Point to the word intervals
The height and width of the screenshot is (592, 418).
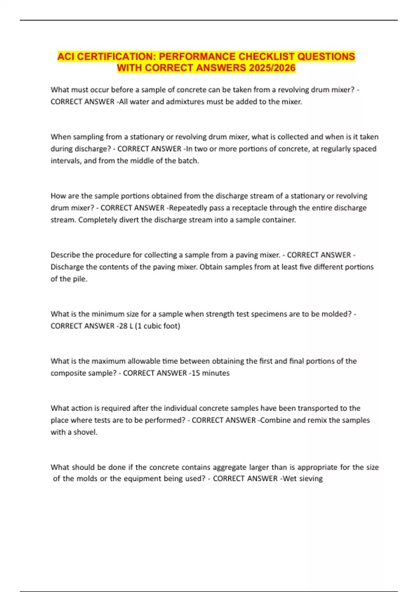66,161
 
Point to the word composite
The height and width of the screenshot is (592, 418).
67,373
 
